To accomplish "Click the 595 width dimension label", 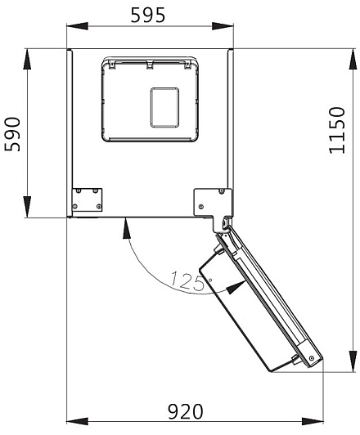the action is (148, 15).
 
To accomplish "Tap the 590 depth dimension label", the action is (13, 134).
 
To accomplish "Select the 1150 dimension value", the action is (337, 130).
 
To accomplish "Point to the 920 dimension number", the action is (186, 412).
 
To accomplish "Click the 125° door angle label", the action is (191, 281).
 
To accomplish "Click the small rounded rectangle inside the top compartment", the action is (164, 108).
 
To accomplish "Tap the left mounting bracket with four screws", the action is (87, 200).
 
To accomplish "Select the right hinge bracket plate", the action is (213, 204).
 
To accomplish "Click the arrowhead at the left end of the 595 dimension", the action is (77, 26).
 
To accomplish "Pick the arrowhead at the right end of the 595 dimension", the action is (223, 26).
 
